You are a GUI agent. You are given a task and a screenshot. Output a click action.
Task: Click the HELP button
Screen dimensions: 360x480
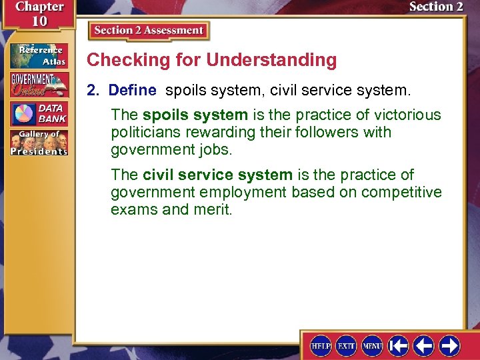(321, 346)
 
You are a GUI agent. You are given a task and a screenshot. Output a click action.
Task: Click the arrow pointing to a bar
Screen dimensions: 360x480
(399, 346)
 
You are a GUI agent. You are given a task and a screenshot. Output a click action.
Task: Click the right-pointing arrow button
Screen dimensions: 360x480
(449, 346)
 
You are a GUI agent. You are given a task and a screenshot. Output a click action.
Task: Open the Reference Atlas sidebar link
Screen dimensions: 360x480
(38, 56)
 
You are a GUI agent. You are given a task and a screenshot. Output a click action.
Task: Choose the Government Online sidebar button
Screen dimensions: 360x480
(38, 85)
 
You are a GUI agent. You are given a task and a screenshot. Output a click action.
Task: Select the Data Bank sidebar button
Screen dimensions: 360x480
(38, 113)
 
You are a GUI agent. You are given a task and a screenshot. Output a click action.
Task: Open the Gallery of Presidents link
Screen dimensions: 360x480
(38, 143)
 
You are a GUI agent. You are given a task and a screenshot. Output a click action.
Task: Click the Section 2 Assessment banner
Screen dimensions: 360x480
(149, 31)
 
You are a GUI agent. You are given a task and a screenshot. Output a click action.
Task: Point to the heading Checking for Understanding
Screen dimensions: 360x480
(212, 60)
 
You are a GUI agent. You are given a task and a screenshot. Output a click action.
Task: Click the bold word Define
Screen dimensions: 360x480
(132, 90)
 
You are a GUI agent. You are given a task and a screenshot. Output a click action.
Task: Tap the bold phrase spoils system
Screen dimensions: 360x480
(195, 115)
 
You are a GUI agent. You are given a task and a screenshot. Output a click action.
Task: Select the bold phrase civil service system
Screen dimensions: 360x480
(217, 175)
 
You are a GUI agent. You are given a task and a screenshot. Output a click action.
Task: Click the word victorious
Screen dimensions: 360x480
(403, 115)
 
